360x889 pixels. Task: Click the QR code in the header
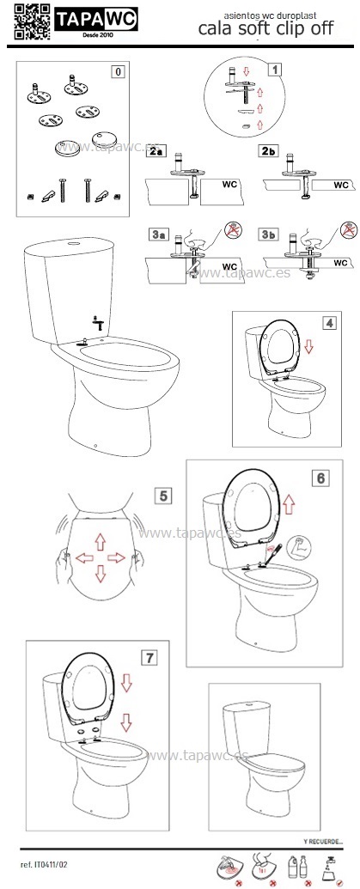[x=33, y=21]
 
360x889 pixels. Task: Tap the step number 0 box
[x=118, y=72]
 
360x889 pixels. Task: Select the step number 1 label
[x=274, y=70]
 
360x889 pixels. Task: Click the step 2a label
[x=154, y=151]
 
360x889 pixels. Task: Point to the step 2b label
[x=267, y=151]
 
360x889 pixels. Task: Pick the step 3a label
[x=154, y=234]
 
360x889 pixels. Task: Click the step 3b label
[x=266, y=234]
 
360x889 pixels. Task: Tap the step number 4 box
[x=329, y=323]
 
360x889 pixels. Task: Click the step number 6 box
[x=320, y=478]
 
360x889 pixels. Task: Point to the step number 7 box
[x=149, y=658]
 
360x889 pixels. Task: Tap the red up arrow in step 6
[x=290, y=503]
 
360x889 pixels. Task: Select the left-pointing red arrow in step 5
[x=84, y=558]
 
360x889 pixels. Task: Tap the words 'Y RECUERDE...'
[x=324, y=842]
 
